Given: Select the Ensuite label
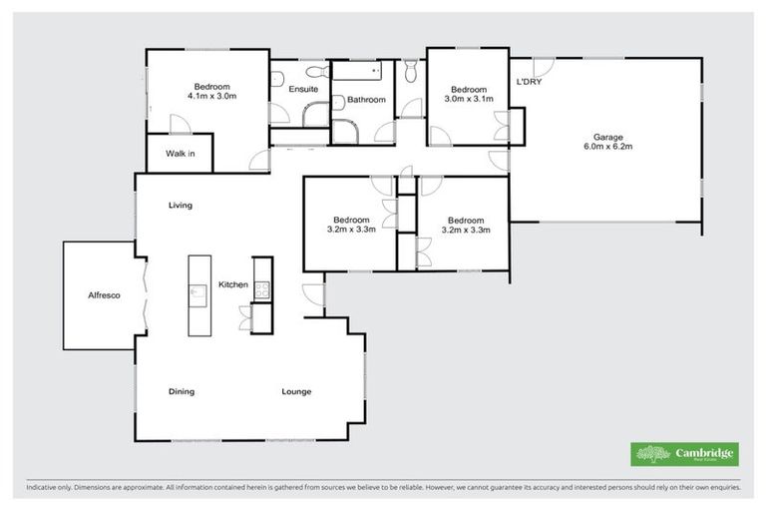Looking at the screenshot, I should tap(303, 90).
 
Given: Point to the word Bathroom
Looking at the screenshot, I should tap(366, 99).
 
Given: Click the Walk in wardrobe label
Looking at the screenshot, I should tap(180, 154).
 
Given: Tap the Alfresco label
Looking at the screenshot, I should tap(104, 295).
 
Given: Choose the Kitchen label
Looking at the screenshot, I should tap(233, 285).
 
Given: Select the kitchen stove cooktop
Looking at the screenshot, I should tap(262, 289).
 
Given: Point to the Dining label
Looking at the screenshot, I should tap(182, 391).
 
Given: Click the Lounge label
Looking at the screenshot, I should tap(296, 391).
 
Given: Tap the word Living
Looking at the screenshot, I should tap(180, 206).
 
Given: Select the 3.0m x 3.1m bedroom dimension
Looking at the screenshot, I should tap(467, 99).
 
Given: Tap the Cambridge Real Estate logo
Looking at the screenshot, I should tap(684, 453).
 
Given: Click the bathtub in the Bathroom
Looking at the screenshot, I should tap(357, 72).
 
